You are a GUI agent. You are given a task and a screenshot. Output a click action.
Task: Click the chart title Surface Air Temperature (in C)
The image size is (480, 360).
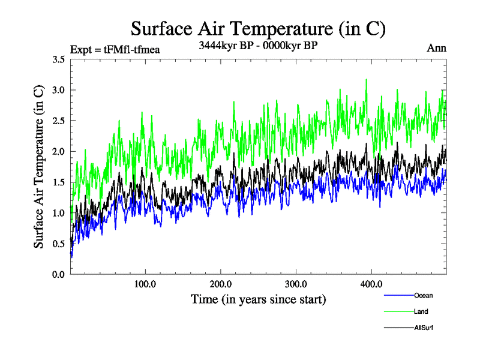(258, 28)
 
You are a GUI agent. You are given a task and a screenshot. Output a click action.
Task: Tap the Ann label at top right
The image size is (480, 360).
(436, 49)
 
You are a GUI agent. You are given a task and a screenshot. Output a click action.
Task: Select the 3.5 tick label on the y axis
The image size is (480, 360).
(58, 59)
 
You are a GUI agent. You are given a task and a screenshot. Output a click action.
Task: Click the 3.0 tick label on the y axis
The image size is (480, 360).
(58, 90)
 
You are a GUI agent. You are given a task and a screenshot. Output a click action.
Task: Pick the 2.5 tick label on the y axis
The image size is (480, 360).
(58, 121)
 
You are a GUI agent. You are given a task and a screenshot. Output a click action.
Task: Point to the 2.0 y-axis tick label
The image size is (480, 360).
(58, 151)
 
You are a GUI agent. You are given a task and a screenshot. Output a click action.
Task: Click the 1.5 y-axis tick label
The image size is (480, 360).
(58, 182)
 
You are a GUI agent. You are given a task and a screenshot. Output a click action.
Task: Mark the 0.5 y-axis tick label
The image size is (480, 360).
(58, 244)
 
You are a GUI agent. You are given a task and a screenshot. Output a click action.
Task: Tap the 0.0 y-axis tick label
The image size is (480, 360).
(58, 274)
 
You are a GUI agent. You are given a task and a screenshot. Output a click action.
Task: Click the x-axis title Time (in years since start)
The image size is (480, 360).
(258, 299)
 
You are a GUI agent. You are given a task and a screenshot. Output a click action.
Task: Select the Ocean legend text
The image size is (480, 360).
(423, 295)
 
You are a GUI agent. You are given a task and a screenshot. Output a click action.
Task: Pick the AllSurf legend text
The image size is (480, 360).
(424, 328)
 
